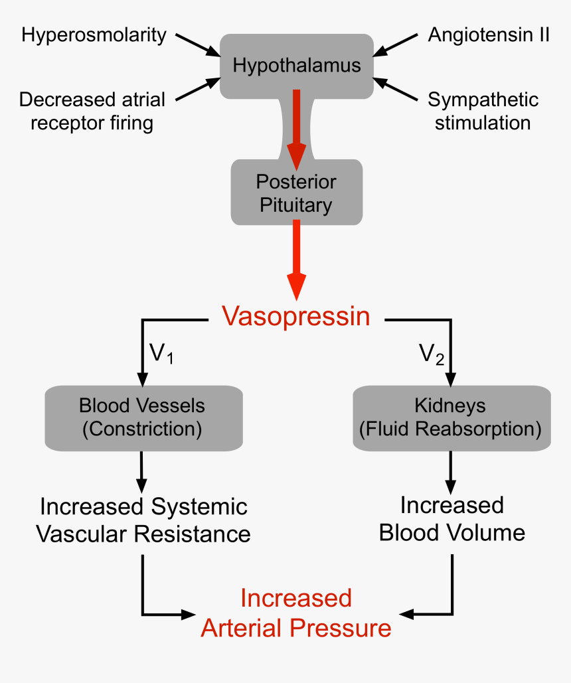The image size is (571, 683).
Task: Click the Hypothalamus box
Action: coord(297,65)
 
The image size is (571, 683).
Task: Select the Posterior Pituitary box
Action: coord(296,192)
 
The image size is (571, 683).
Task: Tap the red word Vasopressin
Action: coord(296,317)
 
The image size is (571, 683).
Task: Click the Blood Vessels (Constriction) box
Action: coord(142,417)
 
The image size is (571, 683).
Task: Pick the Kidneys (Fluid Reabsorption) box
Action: coord(451,417)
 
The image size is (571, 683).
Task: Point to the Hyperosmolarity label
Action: coord(94,35)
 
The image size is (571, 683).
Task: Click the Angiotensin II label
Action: coord(488,35)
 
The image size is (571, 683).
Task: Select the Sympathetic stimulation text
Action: coord(483,111)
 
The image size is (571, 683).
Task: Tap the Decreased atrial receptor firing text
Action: coord(92,111)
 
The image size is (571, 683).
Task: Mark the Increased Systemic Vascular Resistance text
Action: coord(143,520)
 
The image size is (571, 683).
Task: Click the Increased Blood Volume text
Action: coord(451,519)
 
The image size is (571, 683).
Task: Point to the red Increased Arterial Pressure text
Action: coord(296,613)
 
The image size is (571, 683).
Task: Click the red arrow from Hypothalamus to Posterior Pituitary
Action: coord(297,126)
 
